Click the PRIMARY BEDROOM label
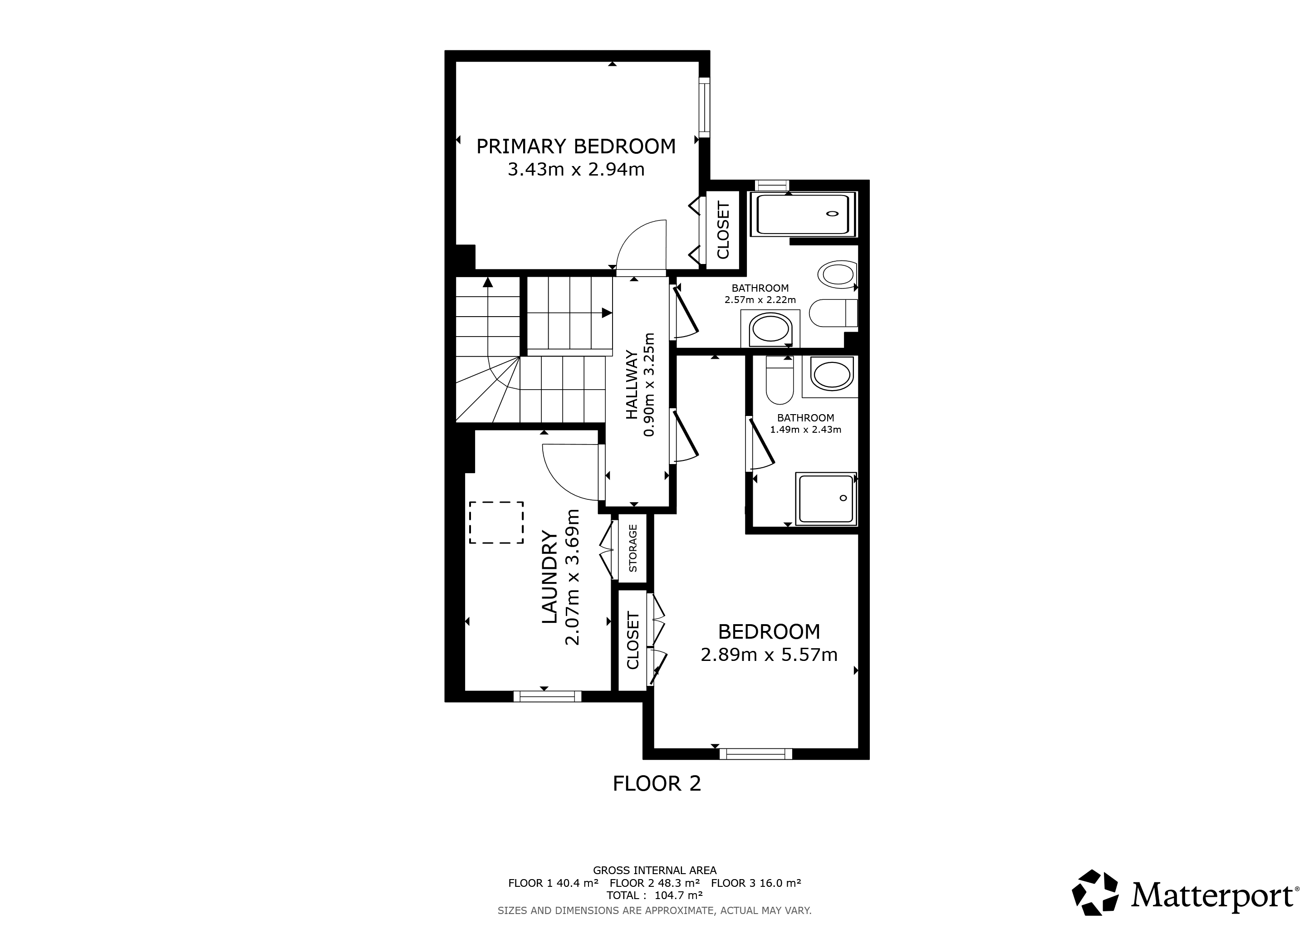click(576, 147)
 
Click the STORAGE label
click(633, 548)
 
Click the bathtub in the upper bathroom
click(806, 215)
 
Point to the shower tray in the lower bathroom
click(826, 499)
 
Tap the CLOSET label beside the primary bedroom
click(723, 230)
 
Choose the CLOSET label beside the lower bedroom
click(633, 640)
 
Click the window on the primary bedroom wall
click(705, 108)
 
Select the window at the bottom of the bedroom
click(755, 754)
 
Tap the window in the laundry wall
click(547, 696)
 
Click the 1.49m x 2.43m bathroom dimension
click(805, 430)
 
